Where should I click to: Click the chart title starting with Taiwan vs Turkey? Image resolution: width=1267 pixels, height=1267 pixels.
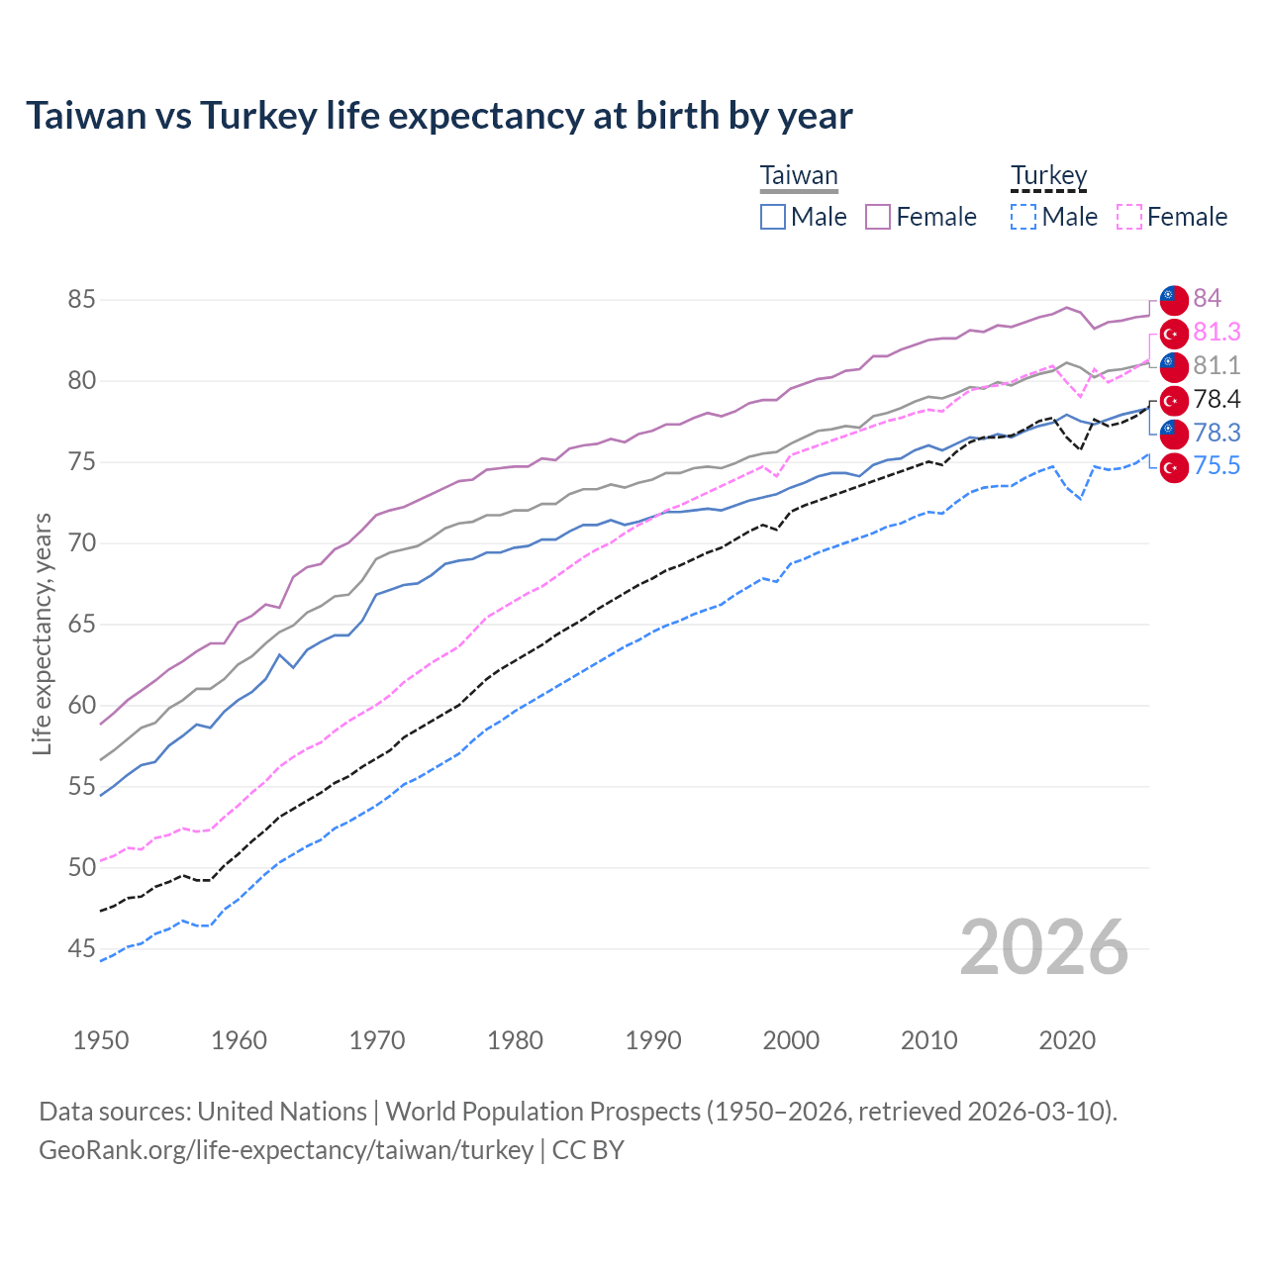coord(439,116)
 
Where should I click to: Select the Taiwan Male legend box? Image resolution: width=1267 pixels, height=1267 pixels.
coord(773,217)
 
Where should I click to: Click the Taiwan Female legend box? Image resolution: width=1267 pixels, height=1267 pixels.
coord(878,217)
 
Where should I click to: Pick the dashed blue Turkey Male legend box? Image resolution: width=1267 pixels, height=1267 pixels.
coord(1023,217)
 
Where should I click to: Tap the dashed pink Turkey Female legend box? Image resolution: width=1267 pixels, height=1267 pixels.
coord(1129,217)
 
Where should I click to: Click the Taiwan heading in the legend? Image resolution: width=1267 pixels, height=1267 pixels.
coord(799,176)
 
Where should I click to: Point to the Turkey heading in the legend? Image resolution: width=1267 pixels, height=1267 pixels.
coord(1048,176)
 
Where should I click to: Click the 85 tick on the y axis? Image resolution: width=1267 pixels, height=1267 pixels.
coord(82,299)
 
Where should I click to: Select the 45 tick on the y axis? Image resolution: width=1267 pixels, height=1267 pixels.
coord(82,948)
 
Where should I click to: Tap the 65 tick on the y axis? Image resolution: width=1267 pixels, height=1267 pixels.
coord(82,624)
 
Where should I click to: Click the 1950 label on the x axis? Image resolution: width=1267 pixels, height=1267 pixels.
coord(101,1040)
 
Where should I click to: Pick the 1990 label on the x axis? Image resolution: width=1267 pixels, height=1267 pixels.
coord(653,1040)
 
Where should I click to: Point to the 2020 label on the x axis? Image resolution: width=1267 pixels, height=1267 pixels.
coord(1067,1040)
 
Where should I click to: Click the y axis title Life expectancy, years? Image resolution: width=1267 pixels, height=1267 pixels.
coord(43,633)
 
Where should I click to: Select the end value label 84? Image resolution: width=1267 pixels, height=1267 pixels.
coord(1207,298)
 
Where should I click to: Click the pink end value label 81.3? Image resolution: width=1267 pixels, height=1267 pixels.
coord(1217,332)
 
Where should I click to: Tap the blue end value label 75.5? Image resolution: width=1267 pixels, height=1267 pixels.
coord(1217,466)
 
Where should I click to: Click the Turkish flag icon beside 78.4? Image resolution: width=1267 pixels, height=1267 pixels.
coord(1174,400)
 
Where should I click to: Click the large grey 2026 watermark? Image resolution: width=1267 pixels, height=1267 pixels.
coord(1043,947)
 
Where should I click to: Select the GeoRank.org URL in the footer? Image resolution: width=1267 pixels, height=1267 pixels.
coord(286,1150)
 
